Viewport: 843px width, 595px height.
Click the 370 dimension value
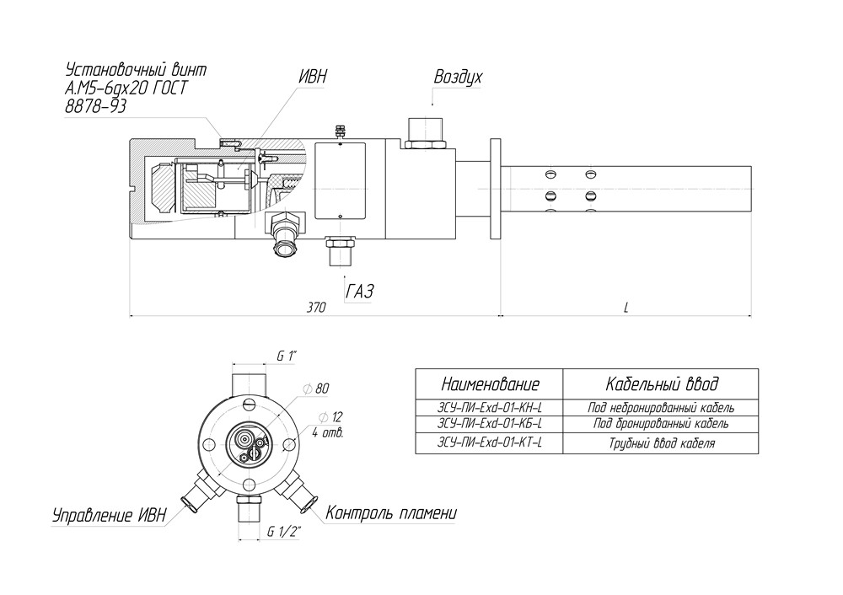(x=316, y=308)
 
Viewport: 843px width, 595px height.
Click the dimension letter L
(x=626, y=308)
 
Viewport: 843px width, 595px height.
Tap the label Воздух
(x=458, y=77)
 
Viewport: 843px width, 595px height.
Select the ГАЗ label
(x=360, y=291)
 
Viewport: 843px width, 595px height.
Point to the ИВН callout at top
(x=313, y=76)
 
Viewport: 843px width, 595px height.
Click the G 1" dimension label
(x=287, y=356)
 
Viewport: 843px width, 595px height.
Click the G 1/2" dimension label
(x=284, y=532)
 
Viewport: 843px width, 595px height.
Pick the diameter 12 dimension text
(x=330, y=417)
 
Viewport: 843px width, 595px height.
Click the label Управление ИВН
(x=109, y=515)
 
